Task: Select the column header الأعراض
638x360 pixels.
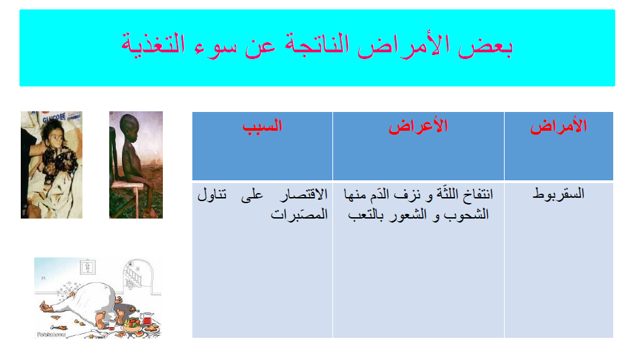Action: click(418, 127)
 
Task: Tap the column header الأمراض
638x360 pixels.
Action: click(558, 127)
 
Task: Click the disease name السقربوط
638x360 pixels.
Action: click(558, 194)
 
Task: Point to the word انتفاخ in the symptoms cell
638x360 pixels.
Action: click(474, 195)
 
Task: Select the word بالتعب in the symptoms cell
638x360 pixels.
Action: click(367, 215)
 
